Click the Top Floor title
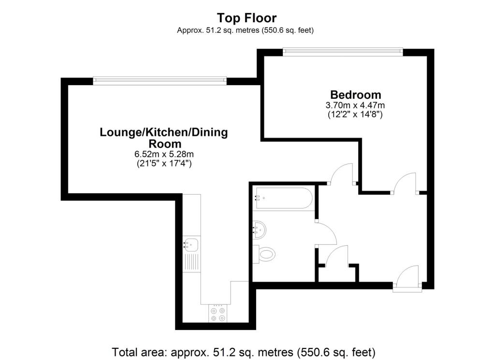click(247, 18)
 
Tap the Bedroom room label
click(355, 95)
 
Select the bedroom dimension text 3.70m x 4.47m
click(355, 105)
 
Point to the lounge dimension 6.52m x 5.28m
click(164, 154)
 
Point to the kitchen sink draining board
click(192, 263)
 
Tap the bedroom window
click(342, 51)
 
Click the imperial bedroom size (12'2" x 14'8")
click(355, 115)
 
